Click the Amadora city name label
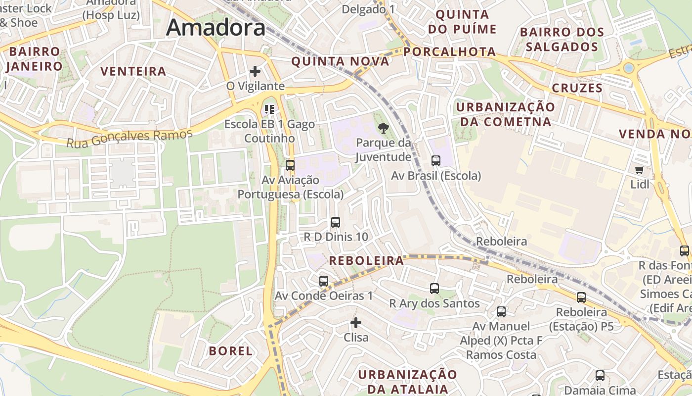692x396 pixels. (x=216, y=28)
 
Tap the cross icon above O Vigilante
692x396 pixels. (x=255, y=71)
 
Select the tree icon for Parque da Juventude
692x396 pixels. (x=383, y=129)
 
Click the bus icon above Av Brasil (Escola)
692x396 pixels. (x=435, y=160)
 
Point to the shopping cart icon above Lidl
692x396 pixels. (x=639, y=170)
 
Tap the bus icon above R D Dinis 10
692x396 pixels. (x=336, y=222)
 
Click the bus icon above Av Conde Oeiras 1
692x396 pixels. (x=324, y=281)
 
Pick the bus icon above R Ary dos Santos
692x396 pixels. (x=434, y=289)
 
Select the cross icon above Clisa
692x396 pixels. (x=356, y=323)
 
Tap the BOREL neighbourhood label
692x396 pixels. (x=231, y=351)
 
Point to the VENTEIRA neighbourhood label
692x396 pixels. (x=133, y=71)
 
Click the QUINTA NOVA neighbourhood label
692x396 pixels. (x=340, y=61)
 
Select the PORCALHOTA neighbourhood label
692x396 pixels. (x=449, y=51)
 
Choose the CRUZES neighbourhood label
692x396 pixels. (x=577, y=88)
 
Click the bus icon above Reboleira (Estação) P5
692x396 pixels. (x=581, y=297)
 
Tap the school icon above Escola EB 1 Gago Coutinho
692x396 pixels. (x=269, y=109)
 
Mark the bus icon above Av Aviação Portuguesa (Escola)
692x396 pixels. (x=290, y=165)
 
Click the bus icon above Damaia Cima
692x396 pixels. (x=600, y=376)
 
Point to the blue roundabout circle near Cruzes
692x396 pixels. (x=629, y=67)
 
